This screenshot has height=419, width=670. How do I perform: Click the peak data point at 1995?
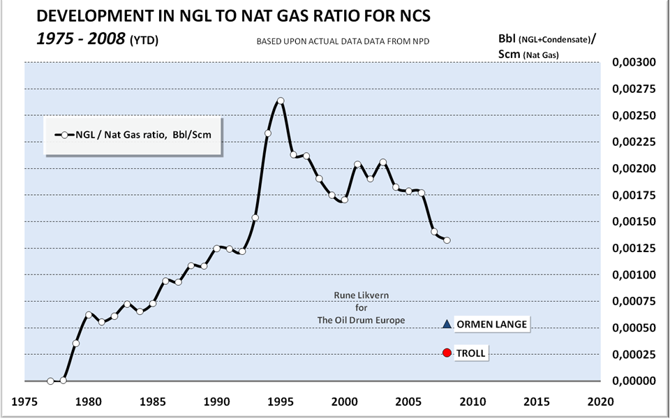(281, 101)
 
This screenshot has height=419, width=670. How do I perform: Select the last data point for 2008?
(447, 240)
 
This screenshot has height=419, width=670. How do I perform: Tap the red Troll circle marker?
(447, 353)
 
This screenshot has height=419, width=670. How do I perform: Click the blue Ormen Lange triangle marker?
(447, 324)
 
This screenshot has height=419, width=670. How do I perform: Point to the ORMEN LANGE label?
(491, 324)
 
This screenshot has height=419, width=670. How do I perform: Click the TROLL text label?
(470, 353)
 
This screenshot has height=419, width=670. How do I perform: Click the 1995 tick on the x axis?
(281, 402)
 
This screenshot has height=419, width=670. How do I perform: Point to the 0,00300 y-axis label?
(634, 63)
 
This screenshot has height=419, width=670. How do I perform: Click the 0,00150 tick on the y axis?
(634, 222)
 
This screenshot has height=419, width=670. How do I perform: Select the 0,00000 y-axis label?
(634, 381)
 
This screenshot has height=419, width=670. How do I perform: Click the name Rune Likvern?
(360, 295)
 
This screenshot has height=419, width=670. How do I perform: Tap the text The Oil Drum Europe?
(360, 320)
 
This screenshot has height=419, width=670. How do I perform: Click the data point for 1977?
(50, 381)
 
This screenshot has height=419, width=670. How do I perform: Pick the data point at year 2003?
(382, 162)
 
